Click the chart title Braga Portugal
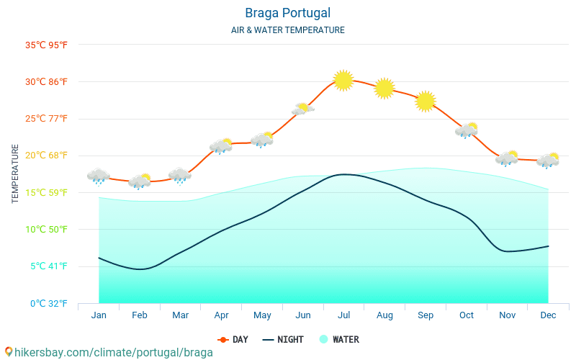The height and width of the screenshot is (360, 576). click(287, 13)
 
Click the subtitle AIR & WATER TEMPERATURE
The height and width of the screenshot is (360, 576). click(287, 30)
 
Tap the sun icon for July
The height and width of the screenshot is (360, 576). click(343, 80)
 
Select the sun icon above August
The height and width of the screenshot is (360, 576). click(384, 88)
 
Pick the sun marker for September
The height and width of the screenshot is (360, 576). click(426, 102)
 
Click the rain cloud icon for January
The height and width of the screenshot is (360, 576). click(99, 176)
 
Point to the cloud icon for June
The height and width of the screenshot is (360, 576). click(303, 109)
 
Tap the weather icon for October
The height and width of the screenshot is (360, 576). click(467, 130)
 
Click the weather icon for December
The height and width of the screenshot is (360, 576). click(548, 161)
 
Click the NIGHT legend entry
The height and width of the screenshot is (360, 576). click(283, 339)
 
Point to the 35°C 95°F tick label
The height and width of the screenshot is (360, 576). click(47, 45)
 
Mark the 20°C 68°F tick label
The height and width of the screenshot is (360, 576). click(47, 156)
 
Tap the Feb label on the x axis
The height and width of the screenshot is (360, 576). click(140, 315)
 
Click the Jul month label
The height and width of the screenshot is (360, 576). click(343, 315)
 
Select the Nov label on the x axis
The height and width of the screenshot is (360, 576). click(507, 315)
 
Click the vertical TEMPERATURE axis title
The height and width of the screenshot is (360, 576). click(16, 174)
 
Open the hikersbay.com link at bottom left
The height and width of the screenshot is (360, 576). click(108, 352)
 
